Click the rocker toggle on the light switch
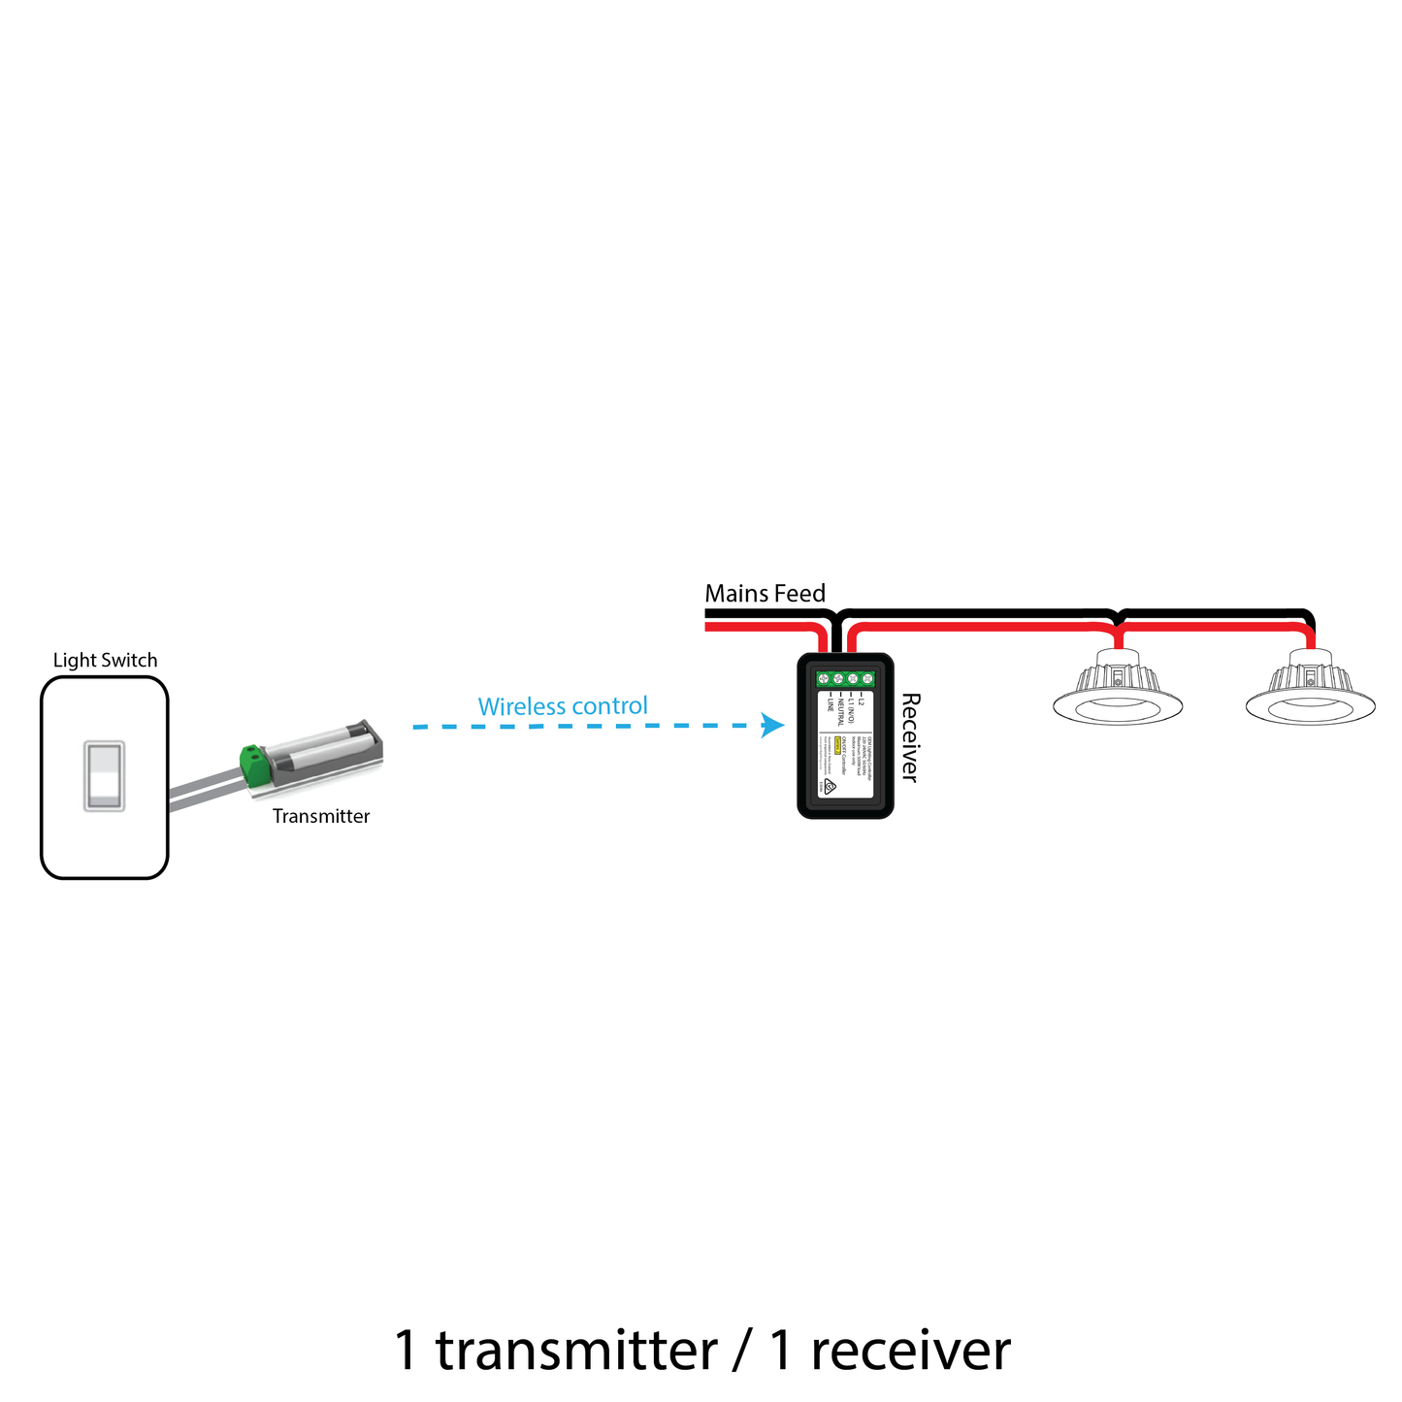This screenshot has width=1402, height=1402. tap(104, 776)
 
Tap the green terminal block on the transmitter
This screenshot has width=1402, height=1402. tap(256, 765)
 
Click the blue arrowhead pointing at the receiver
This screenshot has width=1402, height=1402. tap(773, 725)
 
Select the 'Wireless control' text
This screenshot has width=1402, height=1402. tap(563, 706)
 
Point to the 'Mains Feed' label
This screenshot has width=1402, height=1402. tap(765, 594)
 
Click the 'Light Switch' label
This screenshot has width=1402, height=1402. tap(105, 661)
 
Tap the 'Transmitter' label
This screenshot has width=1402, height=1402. tap(320, 817)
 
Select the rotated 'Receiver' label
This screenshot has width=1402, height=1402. tap(909, 736)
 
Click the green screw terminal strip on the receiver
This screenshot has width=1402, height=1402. tap(845, 680)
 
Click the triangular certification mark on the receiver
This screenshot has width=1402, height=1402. tap(831, 787)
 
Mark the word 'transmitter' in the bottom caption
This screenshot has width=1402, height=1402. tap(576, 1351)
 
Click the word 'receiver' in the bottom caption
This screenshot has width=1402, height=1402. tap(910, 1351)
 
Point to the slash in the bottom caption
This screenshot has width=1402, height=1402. tap(743, 1351)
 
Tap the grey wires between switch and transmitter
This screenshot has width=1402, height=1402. tap(204, 791)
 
